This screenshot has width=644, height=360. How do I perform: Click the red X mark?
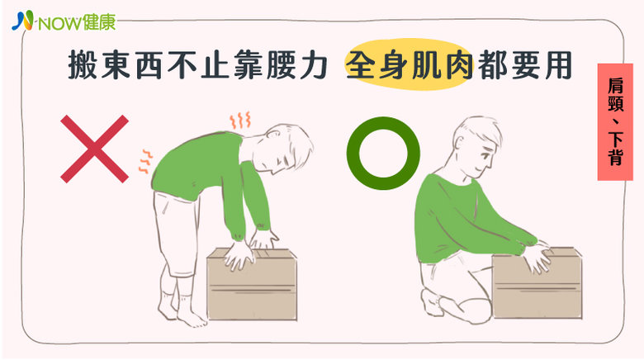pyautogui.click(x=94, y=149)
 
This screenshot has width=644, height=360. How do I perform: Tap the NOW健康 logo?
pyautogui.click(x=64, y=22)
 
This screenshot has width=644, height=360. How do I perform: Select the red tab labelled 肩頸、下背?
pyautogui.click(x=615, y=122)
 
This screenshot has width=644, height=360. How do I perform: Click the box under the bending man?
pyautogui.click(x=252, y=283)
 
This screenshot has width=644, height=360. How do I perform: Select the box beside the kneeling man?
pyautogui.click(x=537, y=282)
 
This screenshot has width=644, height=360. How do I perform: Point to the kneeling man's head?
pyautogui.click(x=477, y=146)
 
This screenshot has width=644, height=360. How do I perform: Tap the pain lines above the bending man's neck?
pyautogui.click(x=240, y=120)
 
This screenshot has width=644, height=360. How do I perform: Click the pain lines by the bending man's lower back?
pyautogui.click(x=145, y=161)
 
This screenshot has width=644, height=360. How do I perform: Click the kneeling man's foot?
pyautogui.click(x=430, y=301)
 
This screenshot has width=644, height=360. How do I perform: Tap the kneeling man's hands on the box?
pyautogui.click(x=537, y=257)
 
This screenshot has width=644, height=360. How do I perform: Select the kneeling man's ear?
pyautogui.click(x=459, y=140)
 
